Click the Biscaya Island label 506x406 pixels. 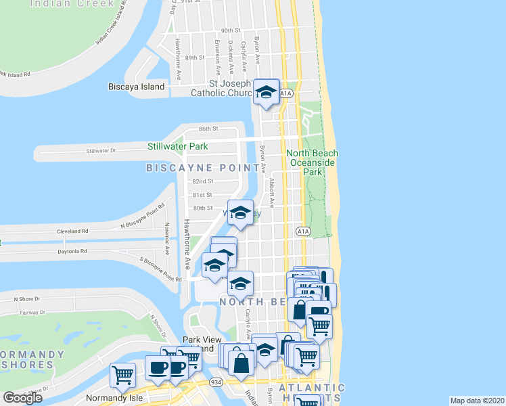137,87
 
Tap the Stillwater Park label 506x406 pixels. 178,146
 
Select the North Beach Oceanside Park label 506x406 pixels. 312,162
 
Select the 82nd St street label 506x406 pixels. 202,181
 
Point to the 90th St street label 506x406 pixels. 231,30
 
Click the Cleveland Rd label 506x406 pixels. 70,231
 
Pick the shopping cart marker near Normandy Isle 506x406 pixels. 123,374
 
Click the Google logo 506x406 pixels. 22,398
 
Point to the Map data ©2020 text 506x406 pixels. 477,401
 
